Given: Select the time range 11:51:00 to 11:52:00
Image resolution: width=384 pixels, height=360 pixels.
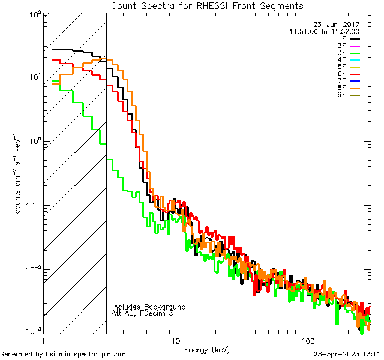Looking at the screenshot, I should click(x=324, y=31).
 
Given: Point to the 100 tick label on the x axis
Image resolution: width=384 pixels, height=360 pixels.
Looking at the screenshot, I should click(x=308, y=340).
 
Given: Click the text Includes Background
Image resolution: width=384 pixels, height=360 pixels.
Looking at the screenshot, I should click(x=149, y=307).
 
